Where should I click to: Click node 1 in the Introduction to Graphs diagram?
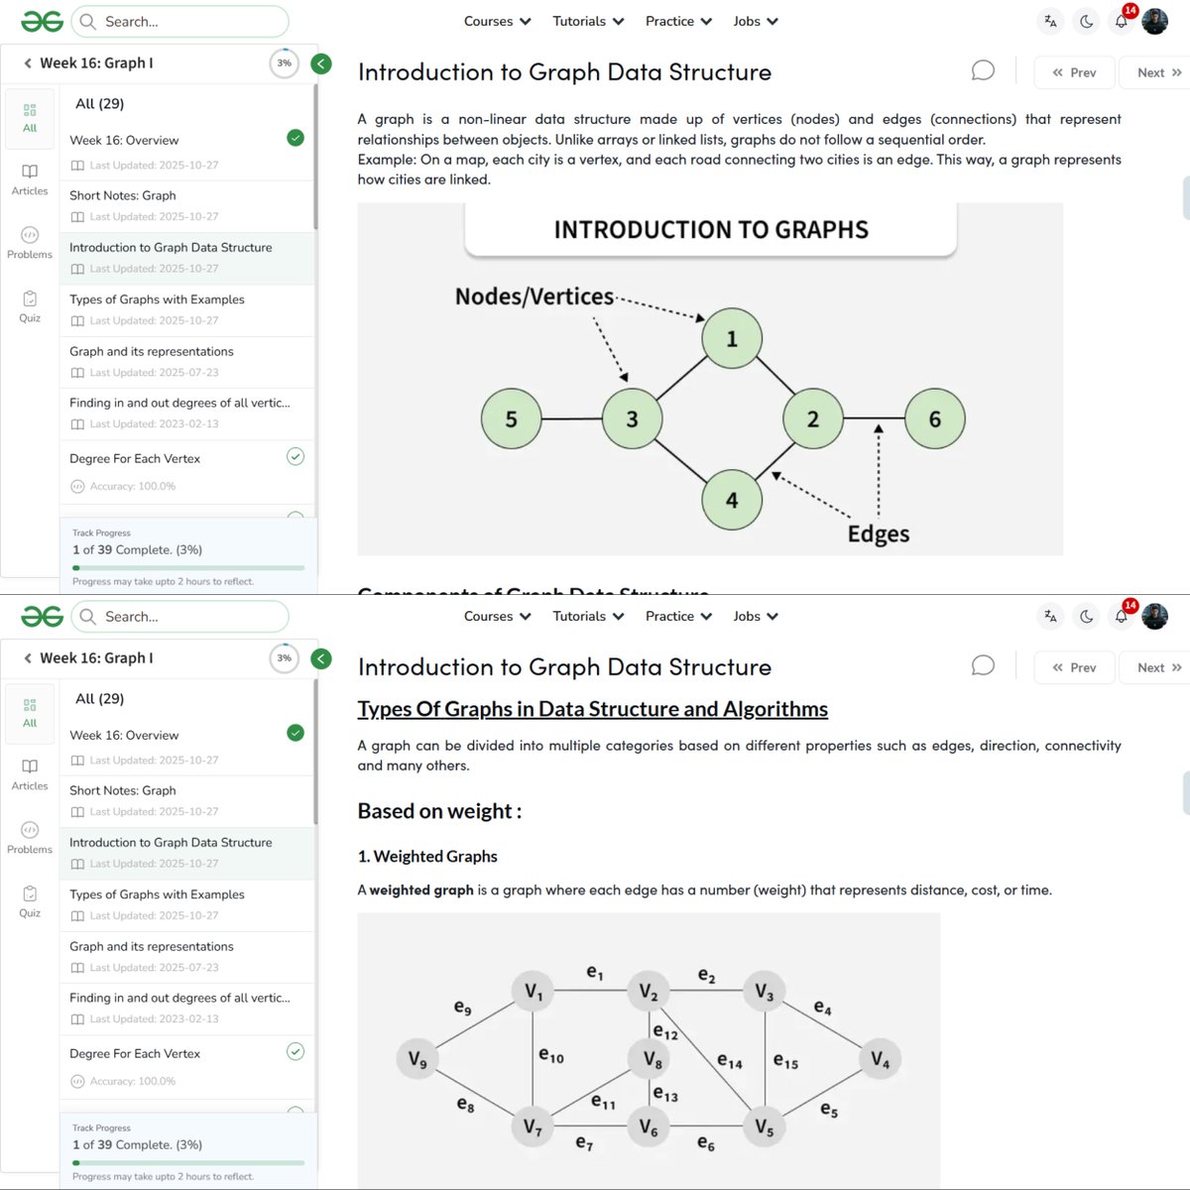click(732, 338)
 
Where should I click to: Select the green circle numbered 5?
click(511, 418)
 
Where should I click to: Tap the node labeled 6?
click(934, 418)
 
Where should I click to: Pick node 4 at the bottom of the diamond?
click(732, 500)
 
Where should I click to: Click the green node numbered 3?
click(632, 418)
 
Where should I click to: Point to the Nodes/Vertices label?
click(534, 297)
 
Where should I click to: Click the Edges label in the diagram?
click(878, 534)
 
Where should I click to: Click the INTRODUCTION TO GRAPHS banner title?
click(711, 230)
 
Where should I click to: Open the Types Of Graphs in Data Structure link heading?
click(592, 709)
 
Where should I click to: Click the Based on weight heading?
click(439, 811)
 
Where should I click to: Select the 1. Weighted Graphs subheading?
click(427, 856)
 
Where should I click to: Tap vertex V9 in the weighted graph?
click(417, 1060)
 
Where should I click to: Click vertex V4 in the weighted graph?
click(880, 1059)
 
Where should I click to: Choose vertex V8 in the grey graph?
click(652, 1059)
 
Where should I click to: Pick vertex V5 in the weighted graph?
click(764, 1127)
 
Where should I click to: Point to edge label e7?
click(584, 1143)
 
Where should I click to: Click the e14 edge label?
click(729, 1062)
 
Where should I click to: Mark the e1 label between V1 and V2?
click(594, 973)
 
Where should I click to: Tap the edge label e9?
click(462, 1008)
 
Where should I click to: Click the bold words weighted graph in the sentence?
click(421, 890)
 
